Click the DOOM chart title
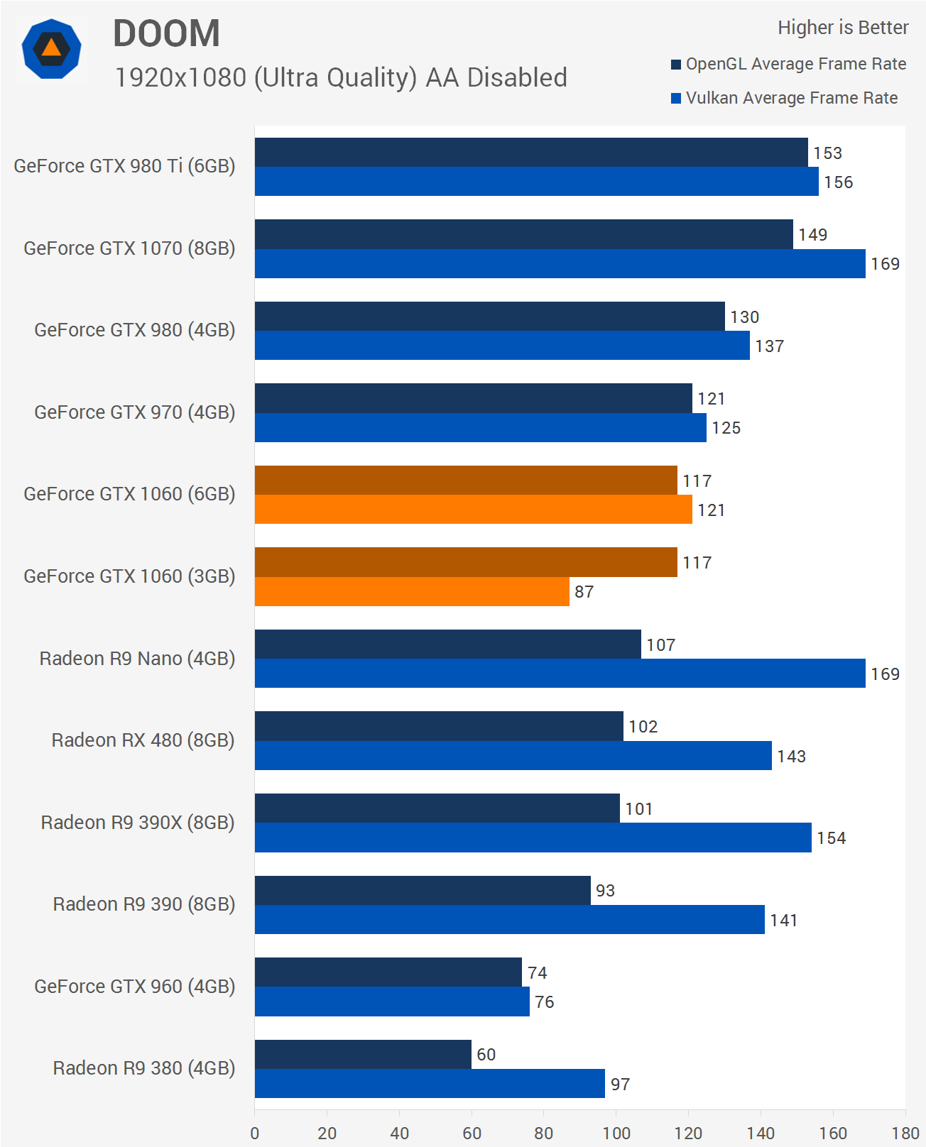tap(166, 33)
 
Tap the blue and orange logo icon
tap(51, 49)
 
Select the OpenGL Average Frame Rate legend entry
tap(788, 64)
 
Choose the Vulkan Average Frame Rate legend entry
tap(784, 98)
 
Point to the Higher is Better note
tap(843, 28)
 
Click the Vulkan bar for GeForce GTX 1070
tap(560, 263)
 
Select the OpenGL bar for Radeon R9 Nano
tap(447, 644)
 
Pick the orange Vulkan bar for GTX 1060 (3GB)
tap(412, 591)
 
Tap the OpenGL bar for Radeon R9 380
tap(363, 1054)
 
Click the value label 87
tap(584, 592)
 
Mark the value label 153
tap(827, 153)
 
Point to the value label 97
tap(620, 1085)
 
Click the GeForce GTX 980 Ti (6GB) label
tap(124, 166)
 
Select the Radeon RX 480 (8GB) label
tap(143, 740)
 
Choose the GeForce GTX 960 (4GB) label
tap(134, 987)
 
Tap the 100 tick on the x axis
tap(616, 1133)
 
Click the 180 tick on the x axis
tap(905, 1133)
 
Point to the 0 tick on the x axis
tap(255, 1133)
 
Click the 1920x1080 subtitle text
tap(341, 77)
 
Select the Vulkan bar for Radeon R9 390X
tap(533, 838)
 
